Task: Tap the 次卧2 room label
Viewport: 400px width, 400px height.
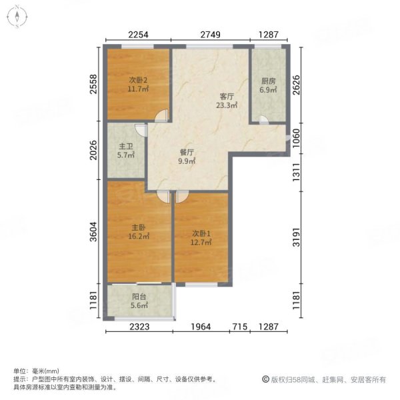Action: coord(139,81)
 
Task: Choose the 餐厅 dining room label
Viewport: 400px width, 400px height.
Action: coord(185,152)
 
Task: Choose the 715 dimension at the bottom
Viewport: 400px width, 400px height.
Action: coord(240,326)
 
